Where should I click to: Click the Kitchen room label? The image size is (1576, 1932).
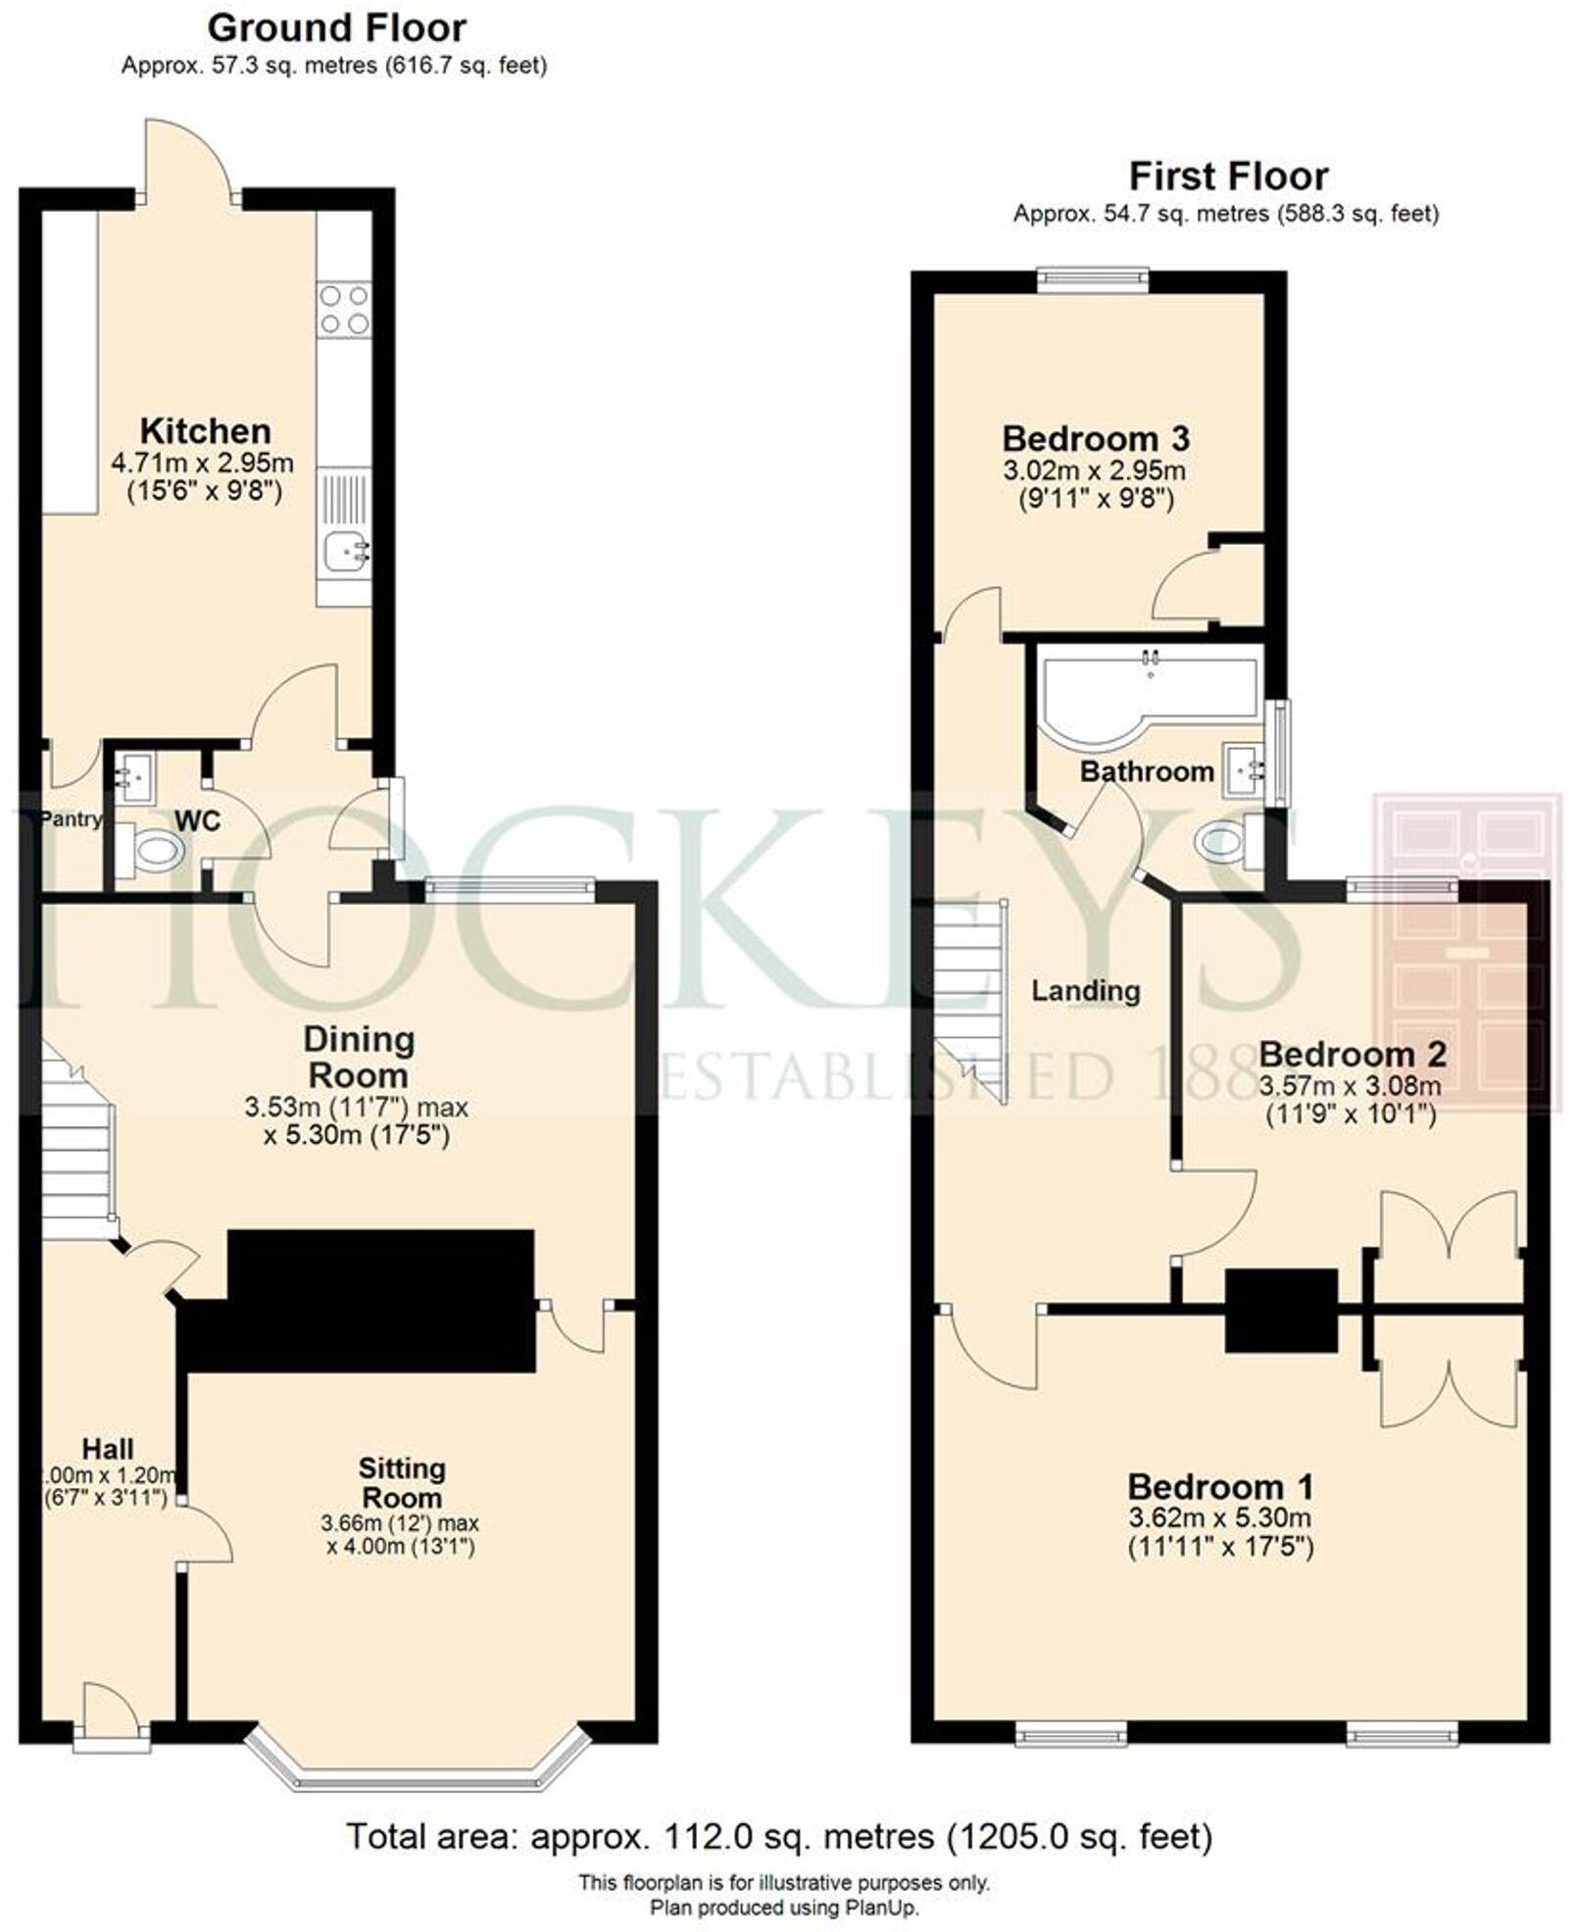click(x=205, y=431)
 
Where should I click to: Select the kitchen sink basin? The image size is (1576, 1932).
click(x=344, y=551)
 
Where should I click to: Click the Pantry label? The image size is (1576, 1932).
click(x=70, y=819)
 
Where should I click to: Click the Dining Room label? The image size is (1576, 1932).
click(x=358, y=1057)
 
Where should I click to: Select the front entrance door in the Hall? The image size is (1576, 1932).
click(x=112, y=1711)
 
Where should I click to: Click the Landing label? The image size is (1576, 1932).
click(x=1085, y=991)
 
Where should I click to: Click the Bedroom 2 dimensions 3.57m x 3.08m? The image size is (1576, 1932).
click(x=1350, y=1085)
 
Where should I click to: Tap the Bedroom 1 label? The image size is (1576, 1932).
click(x=1219, y=1487)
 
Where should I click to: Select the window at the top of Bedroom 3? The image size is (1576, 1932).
click(x=1093, y=280)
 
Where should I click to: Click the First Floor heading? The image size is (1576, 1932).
click(x=1228, y=176)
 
